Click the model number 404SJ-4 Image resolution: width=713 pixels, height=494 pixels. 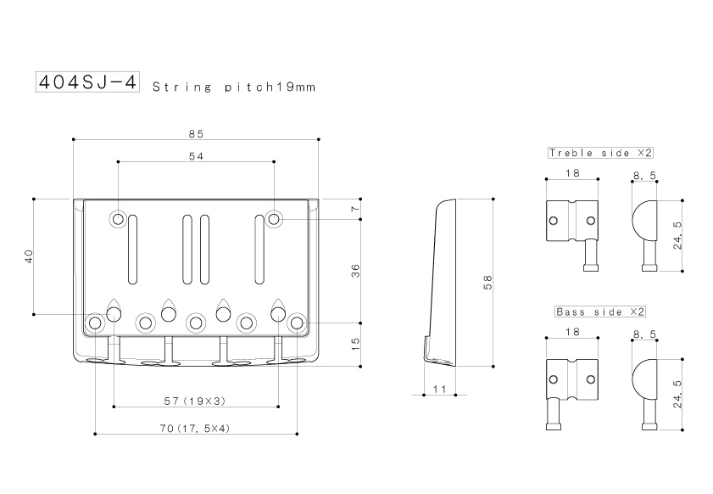[x=87, y=82]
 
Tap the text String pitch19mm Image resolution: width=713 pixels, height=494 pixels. [x=234, y=87]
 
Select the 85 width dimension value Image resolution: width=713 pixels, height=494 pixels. [x=196, y=134]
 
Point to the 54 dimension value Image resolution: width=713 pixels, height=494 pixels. [x=196, y=156]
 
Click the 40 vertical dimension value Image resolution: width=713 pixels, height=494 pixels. [x=29, y=255]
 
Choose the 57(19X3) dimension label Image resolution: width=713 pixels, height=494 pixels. [x=195, y=401]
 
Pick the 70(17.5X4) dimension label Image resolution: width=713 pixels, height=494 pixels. [x=195, y=429]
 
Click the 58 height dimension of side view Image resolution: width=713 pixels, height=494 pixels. [x=487, y=283]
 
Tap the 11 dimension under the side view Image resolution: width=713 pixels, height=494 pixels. [x=440, y=390]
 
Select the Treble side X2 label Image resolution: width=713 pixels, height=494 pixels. [x=600, y=153]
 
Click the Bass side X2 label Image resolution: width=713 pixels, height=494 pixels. [x=600, y=312]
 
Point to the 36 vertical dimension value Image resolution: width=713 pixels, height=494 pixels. [x=355, y=271]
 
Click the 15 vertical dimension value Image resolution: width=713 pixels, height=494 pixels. [x=355, y=344]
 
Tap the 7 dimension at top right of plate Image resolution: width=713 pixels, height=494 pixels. [x=355, y=209]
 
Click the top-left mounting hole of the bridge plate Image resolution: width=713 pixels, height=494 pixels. [x=118, y=220]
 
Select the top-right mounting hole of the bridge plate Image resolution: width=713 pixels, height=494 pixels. [x=274, y=220]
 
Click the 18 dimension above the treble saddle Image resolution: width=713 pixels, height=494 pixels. [x=572, y=173]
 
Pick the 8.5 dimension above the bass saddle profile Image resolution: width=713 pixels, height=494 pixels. [x=644, y=334]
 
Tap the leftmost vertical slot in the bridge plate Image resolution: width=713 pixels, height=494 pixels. [x=132, y=249]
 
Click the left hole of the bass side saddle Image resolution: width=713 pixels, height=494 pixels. [x=554, y=379]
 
